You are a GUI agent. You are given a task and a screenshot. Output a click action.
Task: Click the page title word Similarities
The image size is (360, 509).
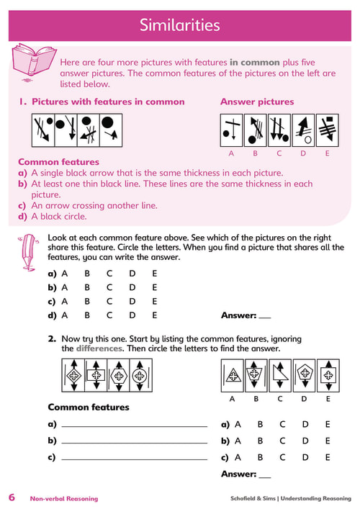(x=179, y=25)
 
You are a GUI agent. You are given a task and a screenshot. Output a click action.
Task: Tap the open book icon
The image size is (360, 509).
(x=33, y=62)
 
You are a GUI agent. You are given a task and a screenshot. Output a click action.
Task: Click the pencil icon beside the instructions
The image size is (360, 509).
(x=29, y=252)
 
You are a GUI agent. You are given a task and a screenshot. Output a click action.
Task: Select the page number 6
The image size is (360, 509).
(x=12, y=497)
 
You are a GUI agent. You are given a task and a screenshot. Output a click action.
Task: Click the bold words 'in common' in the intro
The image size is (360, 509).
(x=254, y=63)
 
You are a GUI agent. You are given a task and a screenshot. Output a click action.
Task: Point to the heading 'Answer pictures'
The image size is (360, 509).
(x=257, y=102)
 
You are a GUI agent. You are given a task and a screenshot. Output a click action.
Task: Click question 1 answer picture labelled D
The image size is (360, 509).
(x=303, y=130)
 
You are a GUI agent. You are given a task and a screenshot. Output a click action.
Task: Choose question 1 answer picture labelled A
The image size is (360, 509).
(x=231, y=130)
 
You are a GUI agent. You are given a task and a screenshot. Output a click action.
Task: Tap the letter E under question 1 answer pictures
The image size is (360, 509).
(x=327, y=153)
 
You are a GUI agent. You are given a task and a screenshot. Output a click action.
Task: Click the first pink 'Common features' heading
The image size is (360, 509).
(x=59, y=162)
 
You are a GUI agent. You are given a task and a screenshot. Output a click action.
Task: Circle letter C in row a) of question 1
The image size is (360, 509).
(x=109, y=274)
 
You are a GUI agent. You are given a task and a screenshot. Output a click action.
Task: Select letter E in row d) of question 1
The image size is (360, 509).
(x=155, y=315)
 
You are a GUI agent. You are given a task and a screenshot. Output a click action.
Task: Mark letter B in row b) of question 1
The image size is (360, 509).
(x=87, y=287)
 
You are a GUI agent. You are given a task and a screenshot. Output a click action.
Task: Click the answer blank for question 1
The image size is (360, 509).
(x=265, y=317)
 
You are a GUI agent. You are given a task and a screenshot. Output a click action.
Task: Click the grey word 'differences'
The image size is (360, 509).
(x=99, y=348)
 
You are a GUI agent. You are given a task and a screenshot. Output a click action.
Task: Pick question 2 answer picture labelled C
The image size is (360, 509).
(x=280, y=376)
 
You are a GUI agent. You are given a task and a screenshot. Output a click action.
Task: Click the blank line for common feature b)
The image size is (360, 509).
(x=135, y=443)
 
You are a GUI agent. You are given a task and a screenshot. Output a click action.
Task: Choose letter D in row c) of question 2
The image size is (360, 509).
(x=305, y=457)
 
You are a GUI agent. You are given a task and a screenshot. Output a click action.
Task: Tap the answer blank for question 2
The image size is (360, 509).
(x=265, y=477)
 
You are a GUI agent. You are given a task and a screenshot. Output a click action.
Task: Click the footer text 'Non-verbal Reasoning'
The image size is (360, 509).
(x=64, y=499)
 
